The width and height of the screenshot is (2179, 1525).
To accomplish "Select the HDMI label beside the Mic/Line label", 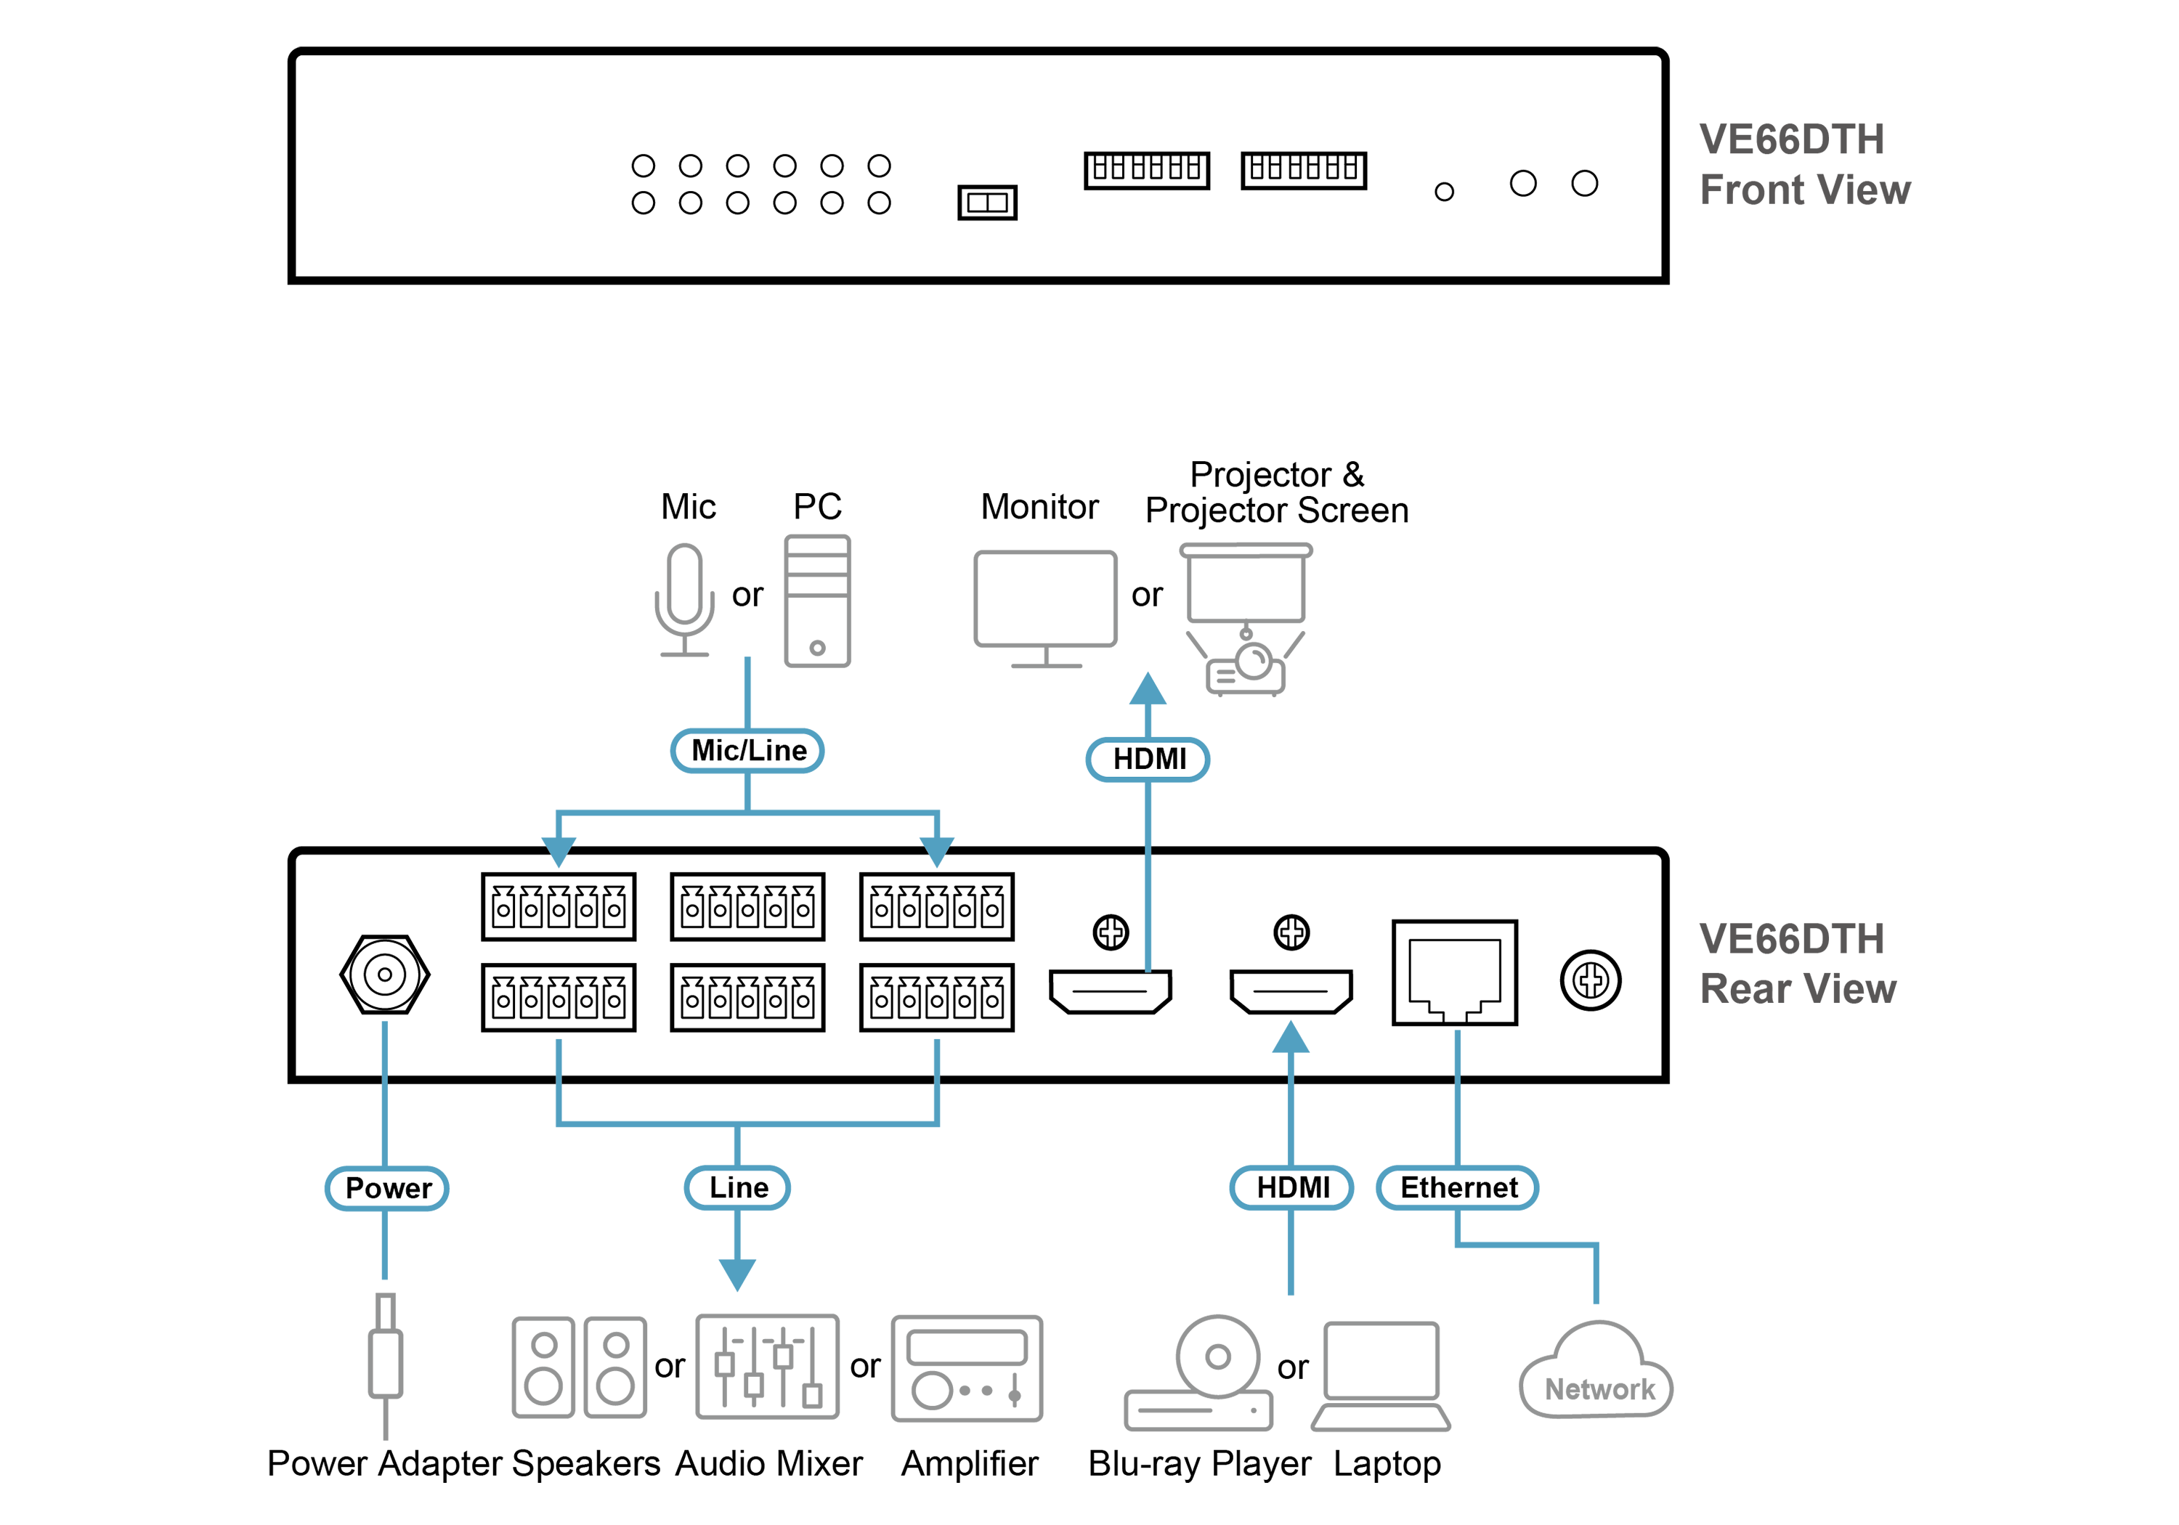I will [x=1148, y=759].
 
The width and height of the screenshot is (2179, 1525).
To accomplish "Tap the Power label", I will [x=387, y=1188].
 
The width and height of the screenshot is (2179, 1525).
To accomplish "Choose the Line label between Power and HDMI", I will [x=739, y=1187].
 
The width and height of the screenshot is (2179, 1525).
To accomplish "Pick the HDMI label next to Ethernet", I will [x=1291, y=1187].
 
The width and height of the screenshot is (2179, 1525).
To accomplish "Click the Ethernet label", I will [x=1458, y=1187].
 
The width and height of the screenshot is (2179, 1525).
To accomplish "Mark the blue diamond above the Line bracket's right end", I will [x=937, y=1054].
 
